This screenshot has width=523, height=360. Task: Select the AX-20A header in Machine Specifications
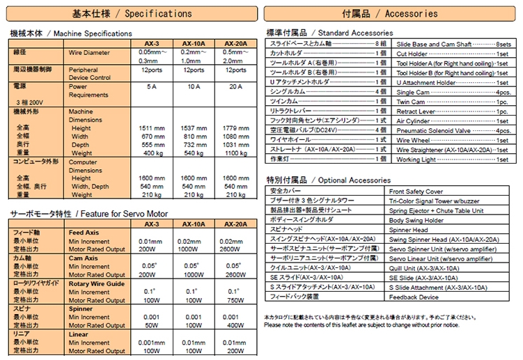click(x=235, y=43)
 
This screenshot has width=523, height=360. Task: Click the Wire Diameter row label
click(x=88, y=53)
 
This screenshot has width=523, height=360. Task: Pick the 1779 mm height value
click(x=235, y=128)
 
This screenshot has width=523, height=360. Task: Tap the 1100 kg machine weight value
click(x=235, y=153)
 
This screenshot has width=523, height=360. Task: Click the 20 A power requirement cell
click(x=235, y=86)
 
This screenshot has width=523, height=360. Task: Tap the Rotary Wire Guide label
click(x=97, y=283)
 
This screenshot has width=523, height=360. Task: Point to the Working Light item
click(x=416, y=159)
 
